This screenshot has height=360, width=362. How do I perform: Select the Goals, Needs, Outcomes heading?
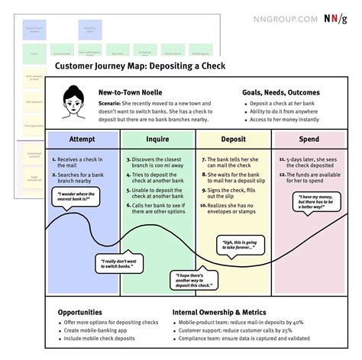[x=280, y=92]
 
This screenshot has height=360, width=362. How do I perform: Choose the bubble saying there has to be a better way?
[x=317, y=203]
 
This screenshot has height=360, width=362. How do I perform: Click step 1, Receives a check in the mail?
[x=83, y=161]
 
